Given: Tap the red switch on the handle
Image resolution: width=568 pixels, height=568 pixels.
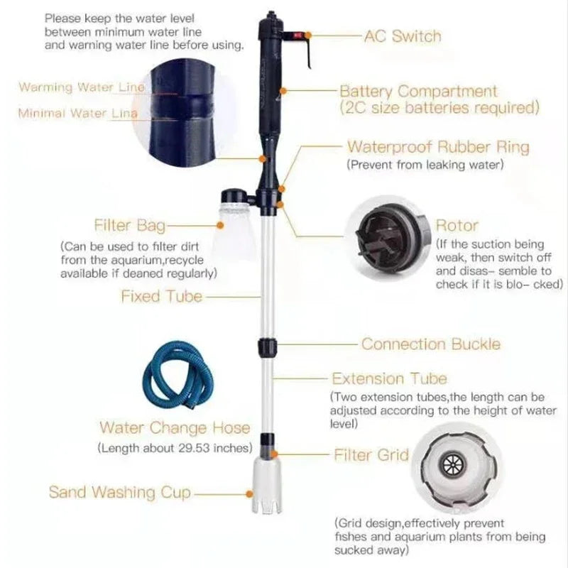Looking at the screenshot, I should [291, 33].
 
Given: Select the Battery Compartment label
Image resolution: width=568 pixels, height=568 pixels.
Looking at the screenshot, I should [418, 92].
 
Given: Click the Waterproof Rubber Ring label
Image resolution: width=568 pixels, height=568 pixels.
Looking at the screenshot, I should [437, 148].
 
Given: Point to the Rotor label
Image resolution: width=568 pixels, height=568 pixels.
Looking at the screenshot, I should [457, 226].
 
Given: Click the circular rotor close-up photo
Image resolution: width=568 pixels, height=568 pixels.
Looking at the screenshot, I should [386, 236].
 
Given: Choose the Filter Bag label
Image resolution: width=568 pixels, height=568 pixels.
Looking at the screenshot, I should [129, 226].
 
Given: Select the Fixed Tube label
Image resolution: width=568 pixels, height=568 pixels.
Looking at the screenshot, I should [161, 296].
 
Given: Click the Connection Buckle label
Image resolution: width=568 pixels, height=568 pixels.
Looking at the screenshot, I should [431, 344].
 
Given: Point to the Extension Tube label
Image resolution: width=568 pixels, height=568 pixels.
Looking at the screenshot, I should [390, 378].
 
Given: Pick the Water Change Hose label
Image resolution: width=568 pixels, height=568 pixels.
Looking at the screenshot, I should [175, 428].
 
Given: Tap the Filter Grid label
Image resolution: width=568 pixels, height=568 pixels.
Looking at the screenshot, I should [371, 454].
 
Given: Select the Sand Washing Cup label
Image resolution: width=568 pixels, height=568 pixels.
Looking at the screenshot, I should [120, 492].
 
